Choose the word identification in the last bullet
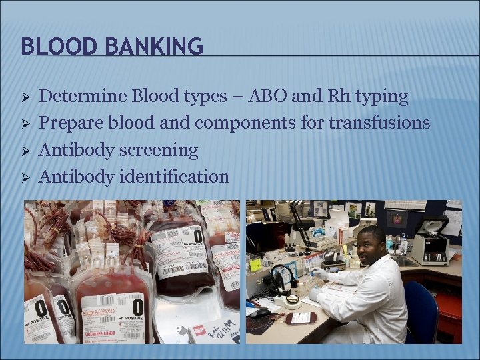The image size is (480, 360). [175, 177]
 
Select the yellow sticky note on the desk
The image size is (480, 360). [255, 264]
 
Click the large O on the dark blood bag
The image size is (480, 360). [197, 237]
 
